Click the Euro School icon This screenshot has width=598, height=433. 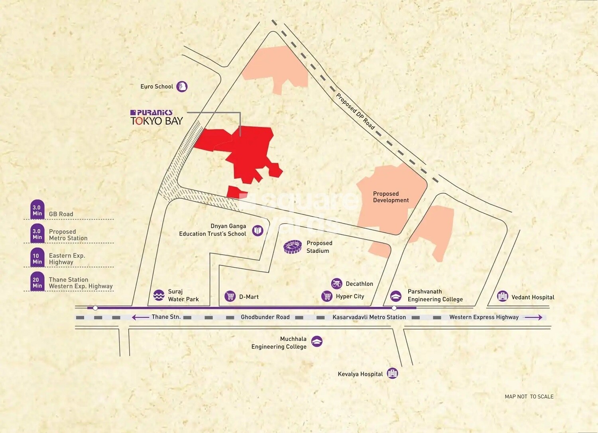182,86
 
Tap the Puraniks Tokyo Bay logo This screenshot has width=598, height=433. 156,118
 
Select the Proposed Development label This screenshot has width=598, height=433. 391,197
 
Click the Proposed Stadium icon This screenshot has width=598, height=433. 293,247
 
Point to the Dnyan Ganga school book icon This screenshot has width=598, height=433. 258,230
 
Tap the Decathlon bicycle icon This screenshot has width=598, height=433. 337,283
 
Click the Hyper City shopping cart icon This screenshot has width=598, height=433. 327,296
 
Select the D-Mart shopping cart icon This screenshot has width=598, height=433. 230,296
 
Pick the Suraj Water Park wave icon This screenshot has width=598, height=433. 159,295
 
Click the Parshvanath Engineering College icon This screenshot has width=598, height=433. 395,295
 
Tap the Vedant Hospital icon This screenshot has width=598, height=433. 502,296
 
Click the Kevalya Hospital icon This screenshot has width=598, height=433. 392,373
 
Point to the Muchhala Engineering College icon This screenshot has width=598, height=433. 317,341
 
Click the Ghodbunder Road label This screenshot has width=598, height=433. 265,317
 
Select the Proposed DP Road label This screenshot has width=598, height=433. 355,111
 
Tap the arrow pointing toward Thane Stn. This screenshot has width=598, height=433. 140,317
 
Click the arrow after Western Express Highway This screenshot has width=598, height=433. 533,317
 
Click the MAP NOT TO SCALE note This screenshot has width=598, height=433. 529,396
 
